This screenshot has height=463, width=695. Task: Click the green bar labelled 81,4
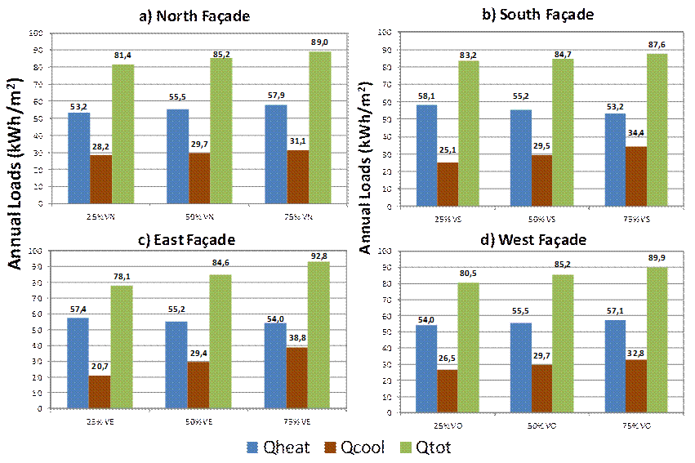(x=123, y=134)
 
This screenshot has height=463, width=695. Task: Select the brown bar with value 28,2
(x=100, y=179)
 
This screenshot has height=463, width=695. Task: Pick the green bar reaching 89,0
(x=320, y=127)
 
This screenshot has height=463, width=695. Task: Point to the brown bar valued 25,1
(x=448, y=183)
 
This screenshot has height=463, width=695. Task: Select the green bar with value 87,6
(x=657, y=129)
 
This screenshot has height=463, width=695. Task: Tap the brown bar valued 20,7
(x=100, y=391)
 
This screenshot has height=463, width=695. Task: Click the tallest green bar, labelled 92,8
(x=319, y=335)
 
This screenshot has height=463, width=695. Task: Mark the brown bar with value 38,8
(x=297, y=377)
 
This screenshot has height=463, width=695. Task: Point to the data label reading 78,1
(x=122, y=277)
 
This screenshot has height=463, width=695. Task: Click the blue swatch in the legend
(x=252, y=447)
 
